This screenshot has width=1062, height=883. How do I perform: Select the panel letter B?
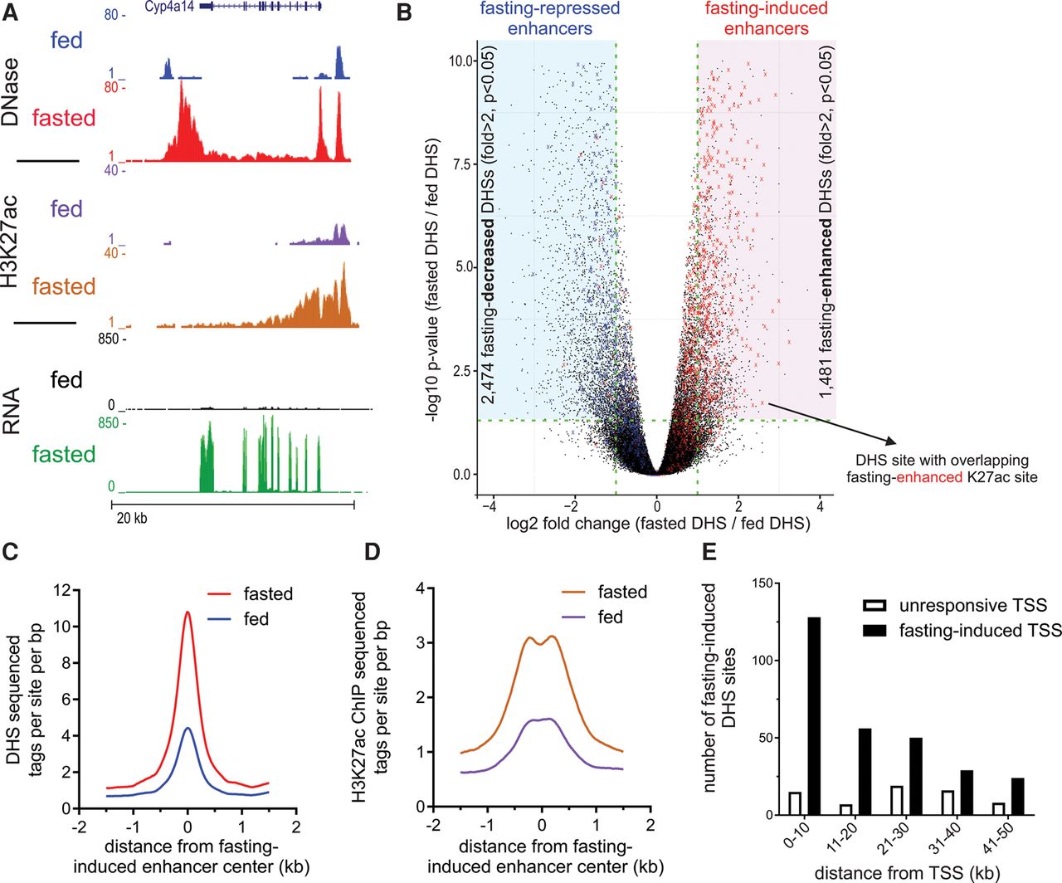coord(404,13)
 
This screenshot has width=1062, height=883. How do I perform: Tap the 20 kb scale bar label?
coord(130,519)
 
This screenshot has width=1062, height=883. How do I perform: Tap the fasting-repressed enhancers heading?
coord(549,18)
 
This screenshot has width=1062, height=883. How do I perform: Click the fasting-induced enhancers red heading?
coord(766,18)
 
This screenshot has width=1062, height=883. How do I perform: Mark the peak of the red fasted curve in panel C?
coord(188,612)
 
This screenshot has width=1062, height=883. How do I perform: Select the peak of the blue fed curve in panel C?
coord(188,728)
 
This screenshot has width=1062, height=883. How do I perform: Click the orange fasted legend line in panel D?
coord(568,593)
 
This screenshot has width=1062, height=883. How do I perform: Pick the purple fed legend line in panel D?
coord(568,617)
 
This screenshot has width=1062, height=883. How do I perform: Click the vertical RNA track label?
coord(12,412)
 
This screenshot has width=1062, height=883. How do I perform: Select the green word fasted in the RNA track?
coord(64,454)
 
